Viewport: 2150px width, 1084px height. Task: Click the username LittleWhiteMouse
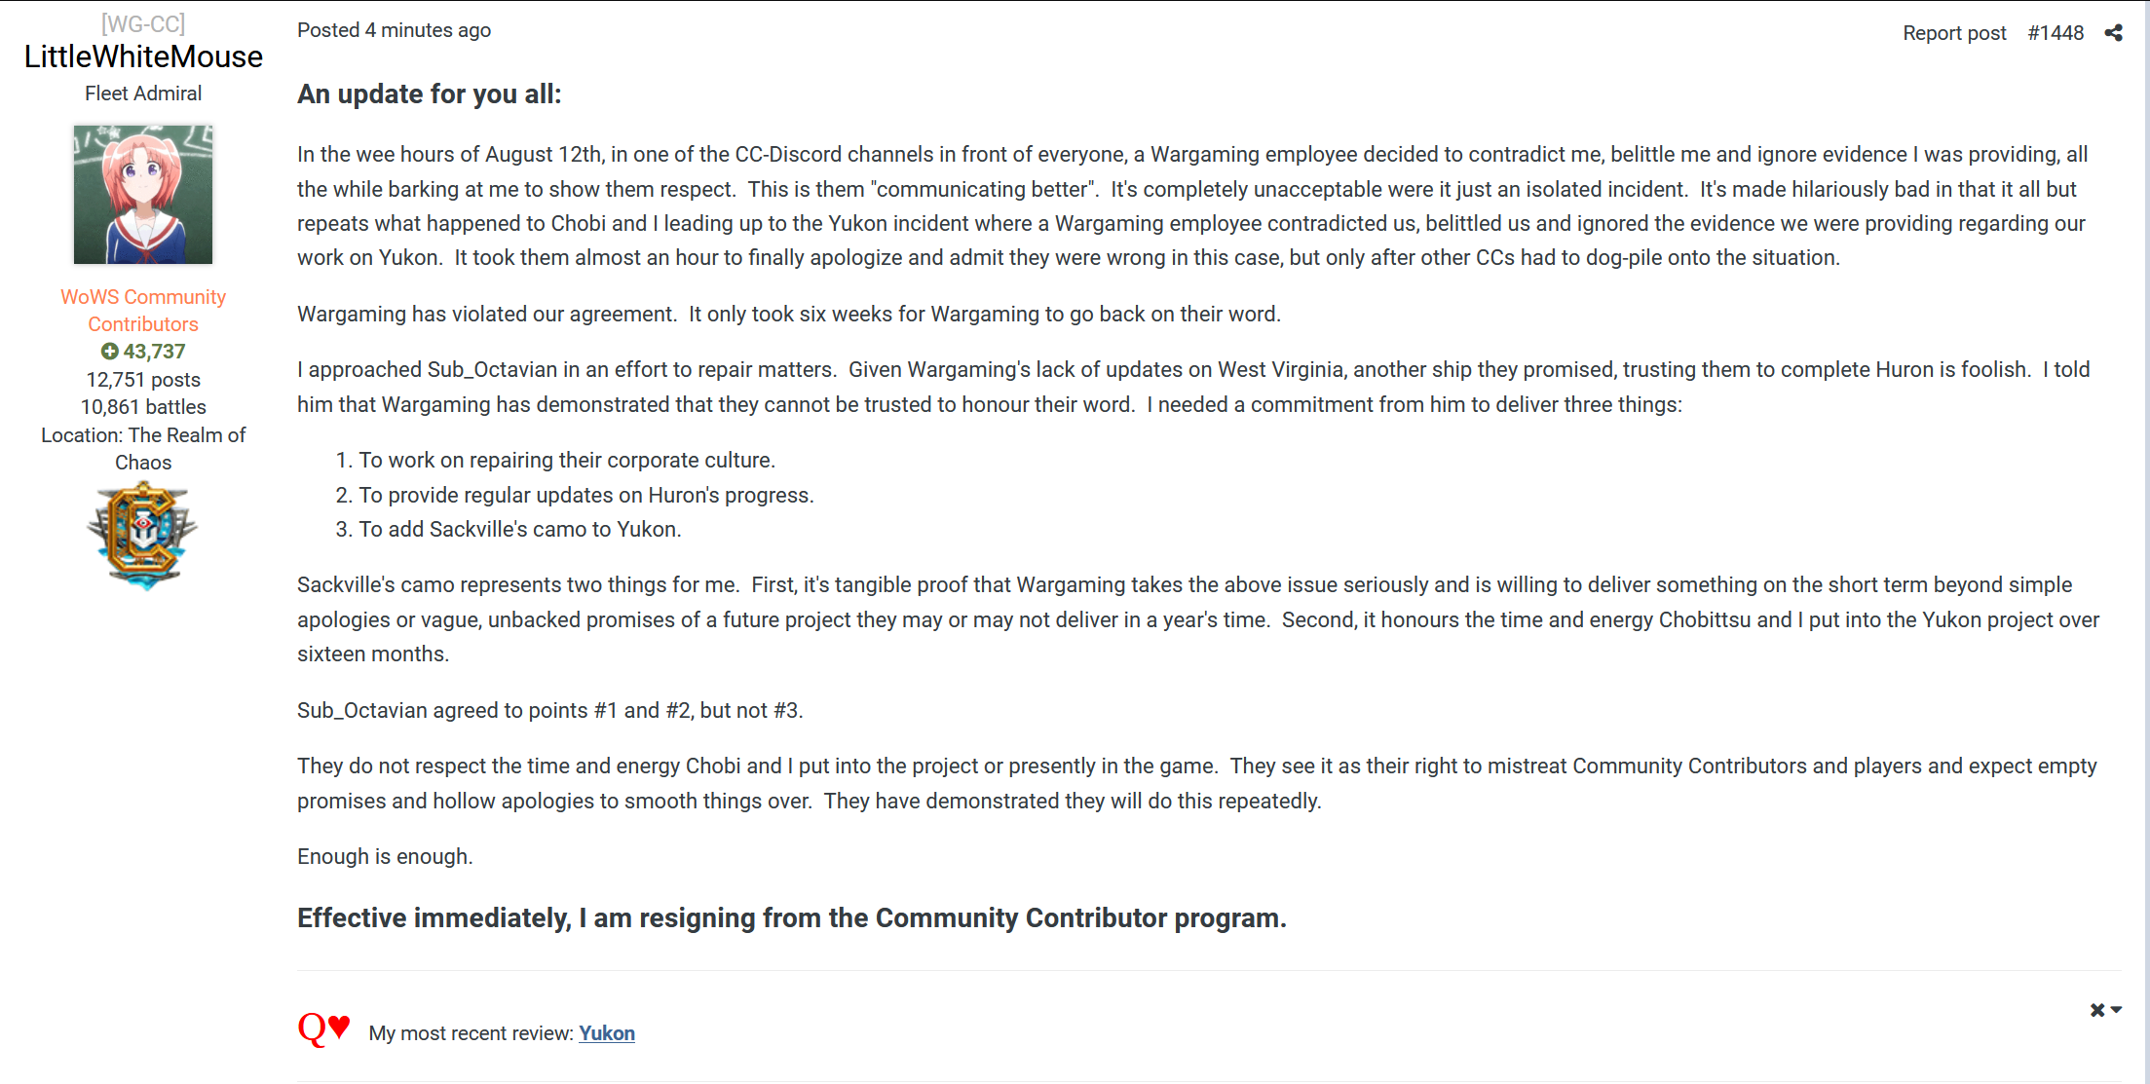pyautogui.click(x=143, y=56)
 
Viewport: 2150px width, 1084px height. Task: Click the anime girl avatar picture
pyautogui.click(x=143, y=195)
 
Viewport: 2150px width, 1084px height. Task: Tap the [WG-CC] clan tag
pyautogui.click(x=143, y=23)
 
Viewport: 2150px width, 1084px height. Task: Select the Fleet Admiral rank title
pyautogui.click(x=143, y=93)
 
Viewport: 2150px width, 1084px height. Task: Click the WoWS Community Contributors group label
pyautogui.click(x=143, y=310)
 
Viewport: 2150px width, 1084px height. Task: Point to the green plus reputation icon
pyautogui.click(x=110, y=352)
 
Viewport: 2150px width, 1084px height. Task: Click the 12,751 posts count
pyautogui.click(x=143, y=380)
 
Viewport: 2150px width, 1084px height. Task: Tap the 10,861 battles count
pyautogui.click(x=143, y=407)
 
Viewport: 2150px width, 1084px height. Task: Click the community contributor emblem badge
pyautogui.click(x=143, y=536)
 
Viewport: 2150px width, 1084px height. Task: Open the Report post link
pyautogui.click(x=1954, y=33)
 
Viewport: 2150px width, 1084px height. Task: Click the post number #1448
pyautogui.click(x=2056, y=33)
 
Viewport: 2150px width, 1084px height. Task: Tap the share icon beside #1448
pyautogui.click(x=2113, y=33)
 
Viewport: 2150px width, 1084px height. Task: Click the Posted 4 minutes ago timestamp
pyautogui.click(x=394, y=30)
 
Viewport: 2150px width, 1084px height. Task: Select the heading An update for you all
pyautogui.click(x=430, y=94)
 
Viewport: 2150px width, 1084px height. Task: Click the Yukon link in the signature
pyautogui.click(x=607, y=1033)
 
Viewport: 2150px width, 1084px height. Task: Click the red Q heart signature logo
pyautogui.click(x=323, y=1028)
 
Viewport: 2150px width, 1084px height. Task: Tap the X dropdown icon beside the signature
pyautogui.click(x=2105, y=1010)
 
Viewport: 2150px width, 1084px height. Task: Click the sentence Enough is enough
pyautogui.click(x=385, y=857)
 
